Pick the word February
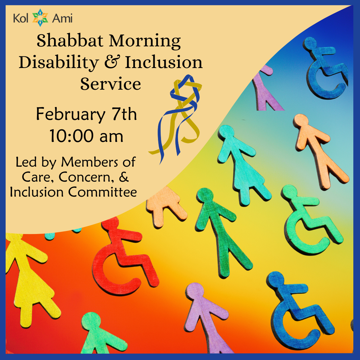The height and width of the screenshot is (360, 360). (70, 114)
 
